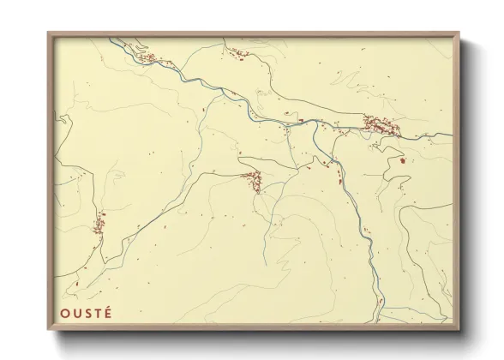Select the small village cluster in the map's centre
click(x=252, y=180)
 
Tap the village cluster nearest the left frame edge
click(x=99, y=225)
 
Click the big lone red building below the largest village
click(x=402, y=159)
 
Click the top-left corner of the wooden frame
click(x=49, y=33)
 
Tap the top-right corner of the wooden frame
click(x=459, y=33)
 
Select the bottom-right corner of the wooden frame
click(x=459, y=330)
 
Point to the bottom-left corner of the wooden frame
click(x=49, y=330)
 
